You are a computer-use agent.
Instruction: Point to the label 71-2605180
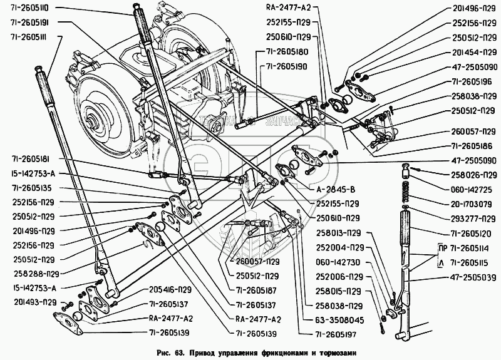tap(286, 52)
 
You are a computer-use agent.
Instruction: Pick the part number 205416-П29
tap(152, 290)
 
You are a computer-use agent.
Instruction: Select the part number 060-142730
tap(338, 262)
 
